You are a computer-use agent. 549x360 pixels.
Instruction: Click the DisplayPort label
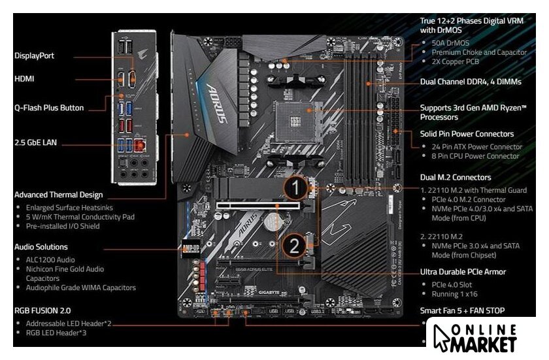pyautogui.click(x=34, y=56)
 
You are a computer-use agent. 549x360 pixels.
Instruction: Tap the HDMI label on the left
pyautogui.click(x=24, y=78)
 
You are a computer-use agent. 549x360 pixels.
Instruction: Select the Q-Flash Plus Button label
pyautogui.click(x=49, y=107)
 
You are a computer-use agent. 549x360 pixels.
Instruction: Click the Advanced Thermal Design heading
pyautogui.click(x=58, y=194)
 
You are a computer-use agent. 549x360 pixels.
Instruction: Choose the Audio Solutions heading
pyautogui.click(x=41, y=247)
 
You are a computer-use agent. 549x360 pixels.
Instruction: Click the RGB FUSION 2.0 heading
pyautogui.click(x=42, y=310)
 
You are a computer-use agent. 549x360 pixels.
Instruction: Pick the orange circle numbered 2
pyautogui.click(x=295, y=245)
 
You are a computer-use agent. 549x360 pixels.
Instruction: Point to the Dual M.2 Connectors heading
pyautogui.click(x=456, y=177)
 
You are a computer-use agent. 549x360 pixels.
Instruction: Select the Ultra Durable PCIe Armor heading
pyautogui.click(x=463, y=271)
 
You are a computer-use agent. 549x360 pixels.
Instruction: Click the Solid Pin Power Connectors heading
pyautogui.click(x=467, y=134)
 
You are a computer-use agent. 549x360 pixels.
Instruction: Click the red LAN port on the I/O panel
pyautogui.click(x=139, y=146)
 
